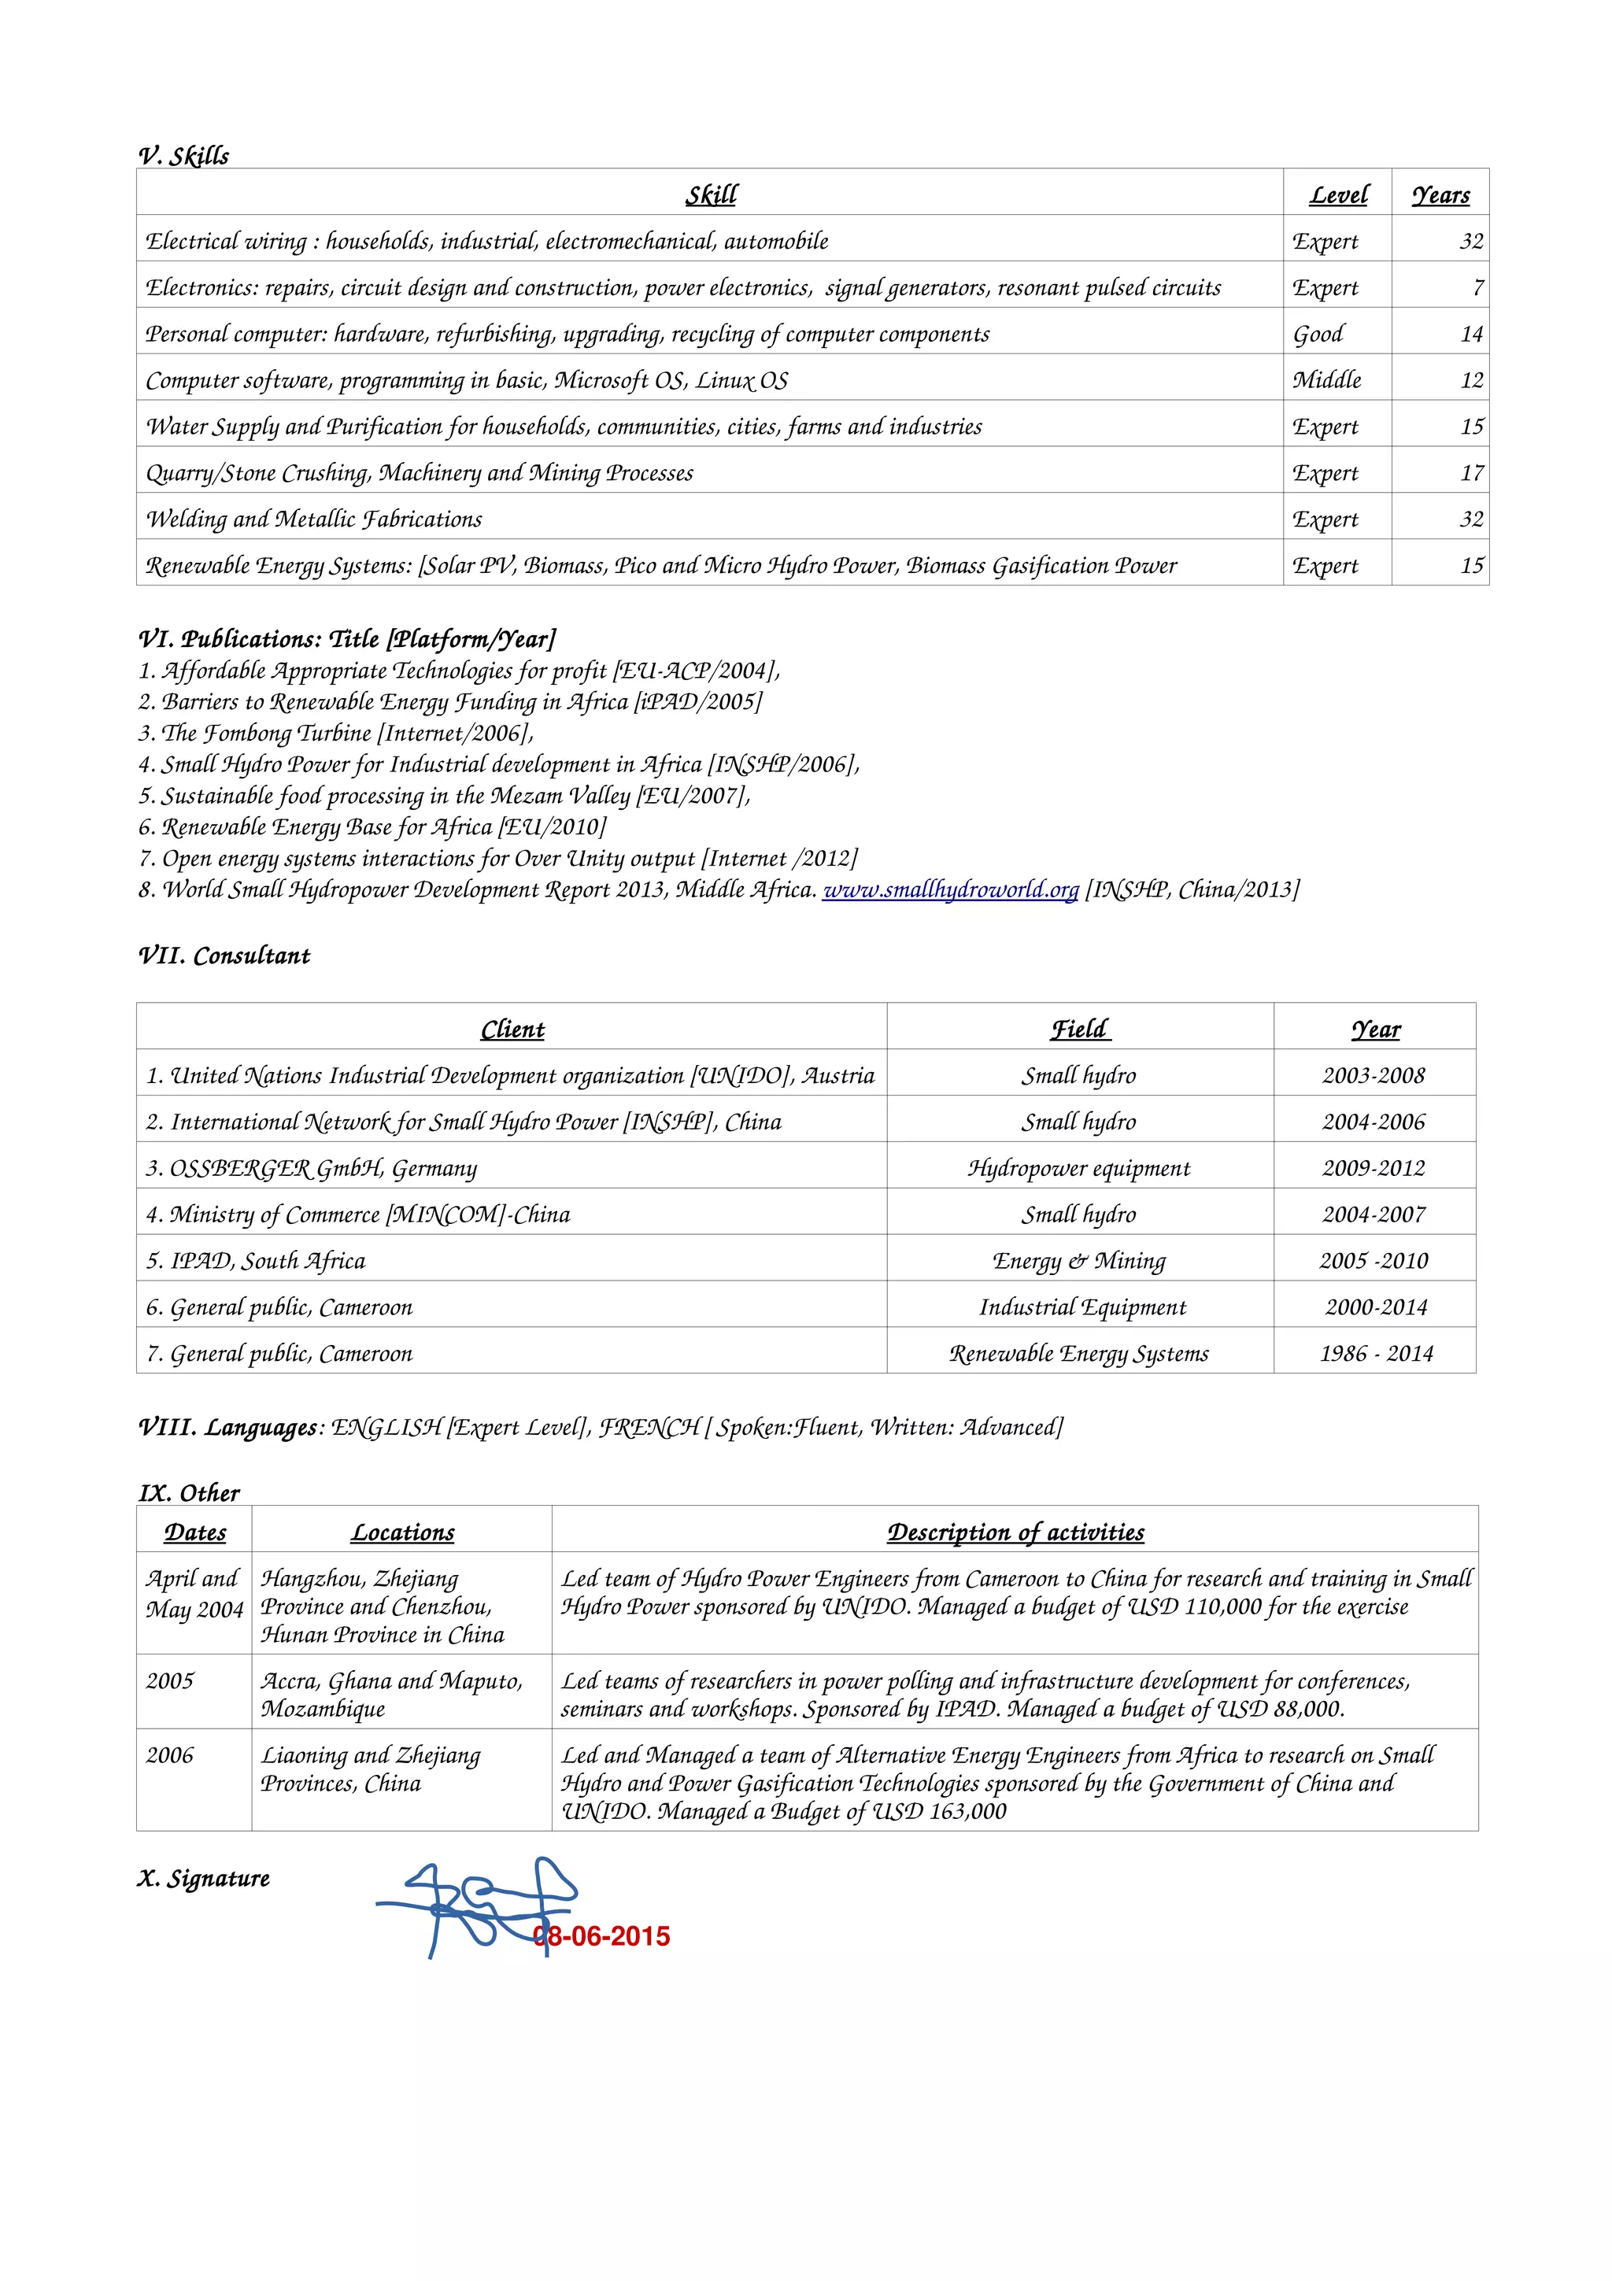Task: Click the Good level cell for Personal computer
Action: click(x=1318, y=334)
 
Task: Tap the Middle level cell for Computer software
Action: click(x=1326, y=380)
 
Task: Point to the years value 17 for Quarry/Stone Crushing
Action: click(x=1471, y=473)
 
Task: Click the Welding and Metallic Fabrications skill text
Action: click(x=314, y=519)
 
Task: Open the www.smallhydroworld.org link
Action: click(x=949, y=889)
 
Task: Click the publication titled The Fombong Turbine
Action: click(x=336, y=734)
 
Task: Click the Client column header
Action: click(x=512, y=1030)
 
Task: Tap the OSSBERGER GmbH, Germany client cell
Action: click(x=312, y=1168)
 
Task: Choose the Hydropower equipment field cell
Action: click(x=1078, y=1168)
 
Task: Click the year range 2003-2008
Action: click(x=1373, y=1076)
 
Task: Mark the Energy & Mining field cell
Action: click(x=1078, y=1261)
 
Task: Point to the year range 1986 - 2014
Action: click(x=1376, y=1353)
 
